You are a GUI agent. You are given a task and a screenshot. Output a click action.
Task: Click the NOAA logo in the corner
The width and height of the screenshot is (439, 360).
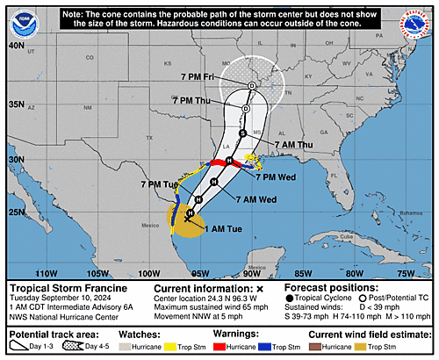[19, 19]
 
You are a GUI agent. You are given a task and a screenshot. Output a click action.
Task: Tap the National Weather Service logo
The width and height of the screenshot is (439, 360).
[419, 19]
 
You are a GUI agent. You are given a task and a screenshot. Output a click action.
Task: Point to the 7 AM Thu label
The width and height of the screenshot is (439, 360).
[292, 144]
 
